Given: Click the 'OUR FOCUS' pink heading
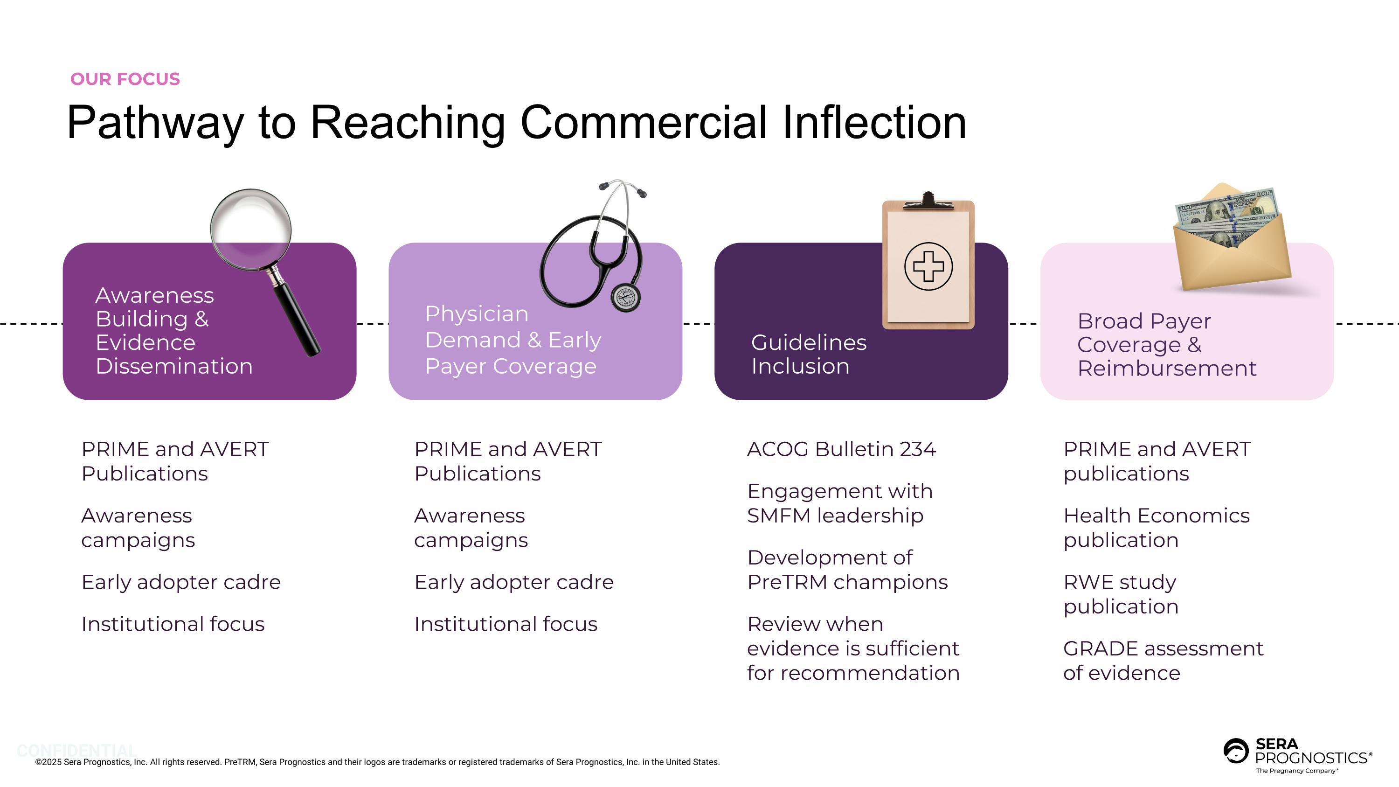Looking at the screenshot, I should pos(125,79).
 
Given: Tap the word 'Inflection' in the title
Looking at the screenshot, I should pos(874,123).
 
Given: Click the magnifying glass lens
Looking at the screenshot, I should pos(250,229).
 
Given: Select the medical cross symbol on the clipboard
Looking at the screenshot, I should pos(928,266).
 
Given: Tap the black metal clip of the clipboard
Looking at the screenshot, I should pos(928,202).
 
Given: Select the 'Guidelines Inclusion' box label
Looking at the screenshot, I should pos(808,354).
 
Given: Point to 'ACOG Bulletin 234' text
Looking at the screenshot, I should pos(841,449).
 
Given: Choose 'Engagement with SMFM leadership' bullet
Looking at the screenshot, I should pos(839,503).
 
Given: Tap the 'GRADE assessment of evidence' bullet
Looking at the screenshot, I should pos(1163,661).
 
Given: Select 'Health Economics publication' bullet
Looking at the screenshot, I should pos(1156,527).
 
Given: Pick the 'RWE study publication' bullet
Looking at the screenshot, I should pos(1121,594).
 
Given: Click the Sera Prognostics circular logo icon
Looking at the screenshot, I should pos(1235,751).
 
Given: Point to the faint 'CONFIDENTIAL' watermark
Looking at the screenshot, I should pos(76,751).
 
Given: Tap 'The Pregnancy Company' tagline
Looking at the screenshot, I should pos(1296,771).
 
